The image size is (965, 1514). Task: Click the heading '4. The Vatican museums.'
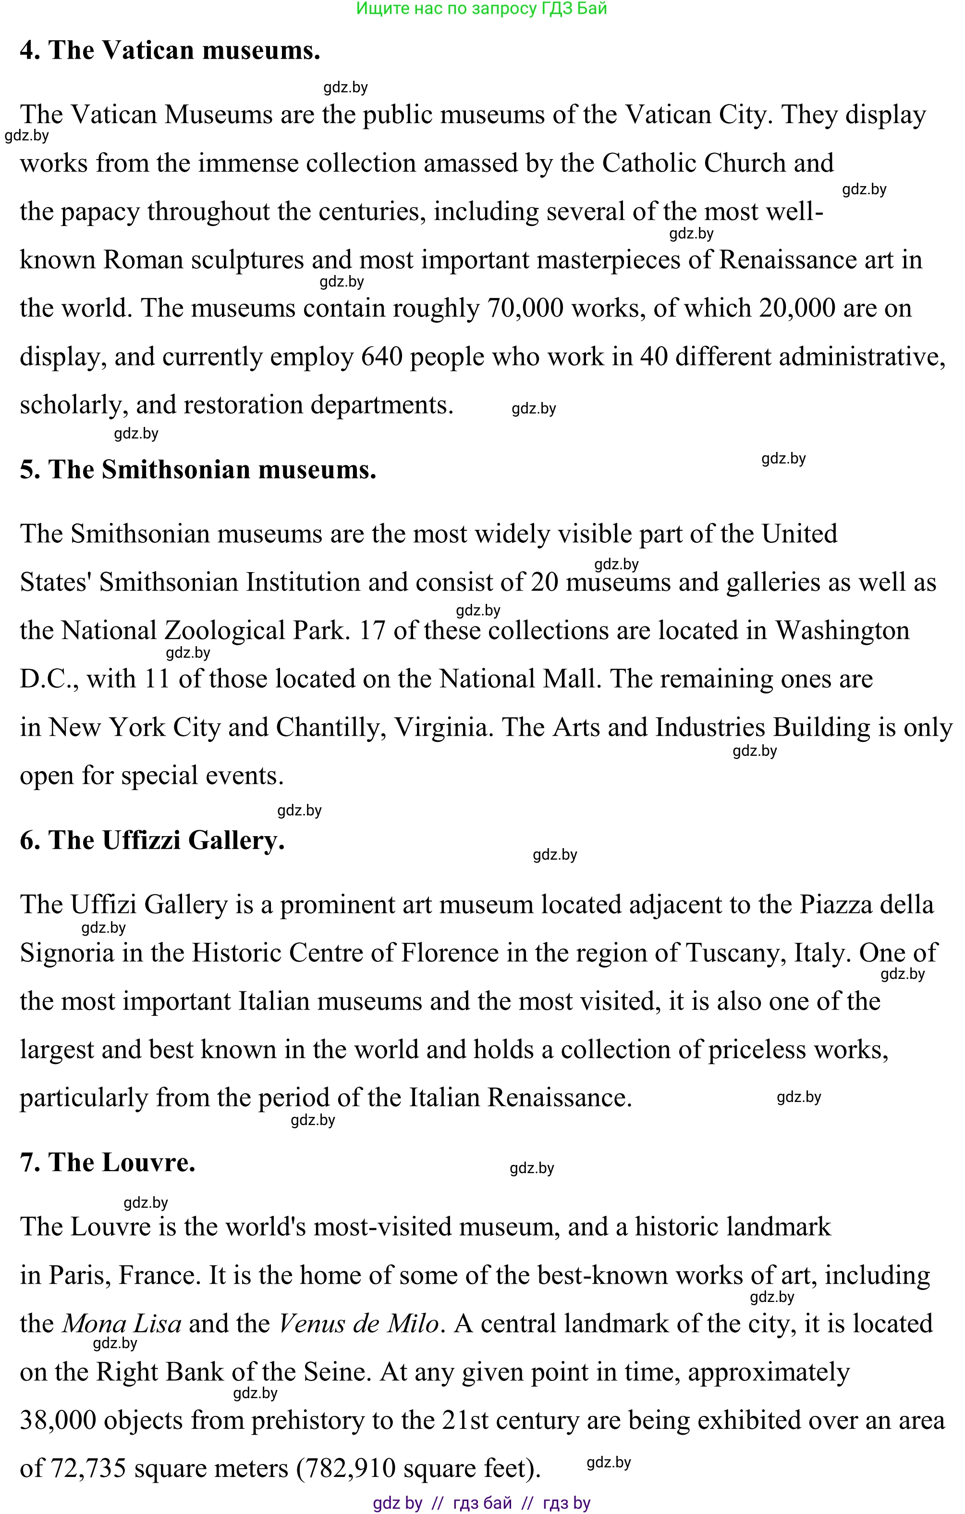(170, 50)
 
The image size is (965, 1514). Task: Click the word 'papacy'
(100, 213)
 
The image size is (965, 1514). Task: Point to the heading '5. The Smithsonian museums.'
(198, 470)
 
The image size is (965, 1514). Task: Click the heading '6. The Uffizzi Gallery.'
(152, 840)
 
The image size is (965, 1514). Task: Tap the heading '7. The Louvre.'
(108, 1163)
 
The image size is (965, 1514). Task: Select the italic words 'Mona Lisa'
(122, 1324)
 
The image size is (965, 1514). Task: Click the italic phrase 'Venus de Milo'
(358, 1324)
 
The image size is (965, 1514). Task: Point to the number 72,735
(88, 1469)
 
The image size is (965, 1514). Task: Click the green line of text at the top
(481, 9)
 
